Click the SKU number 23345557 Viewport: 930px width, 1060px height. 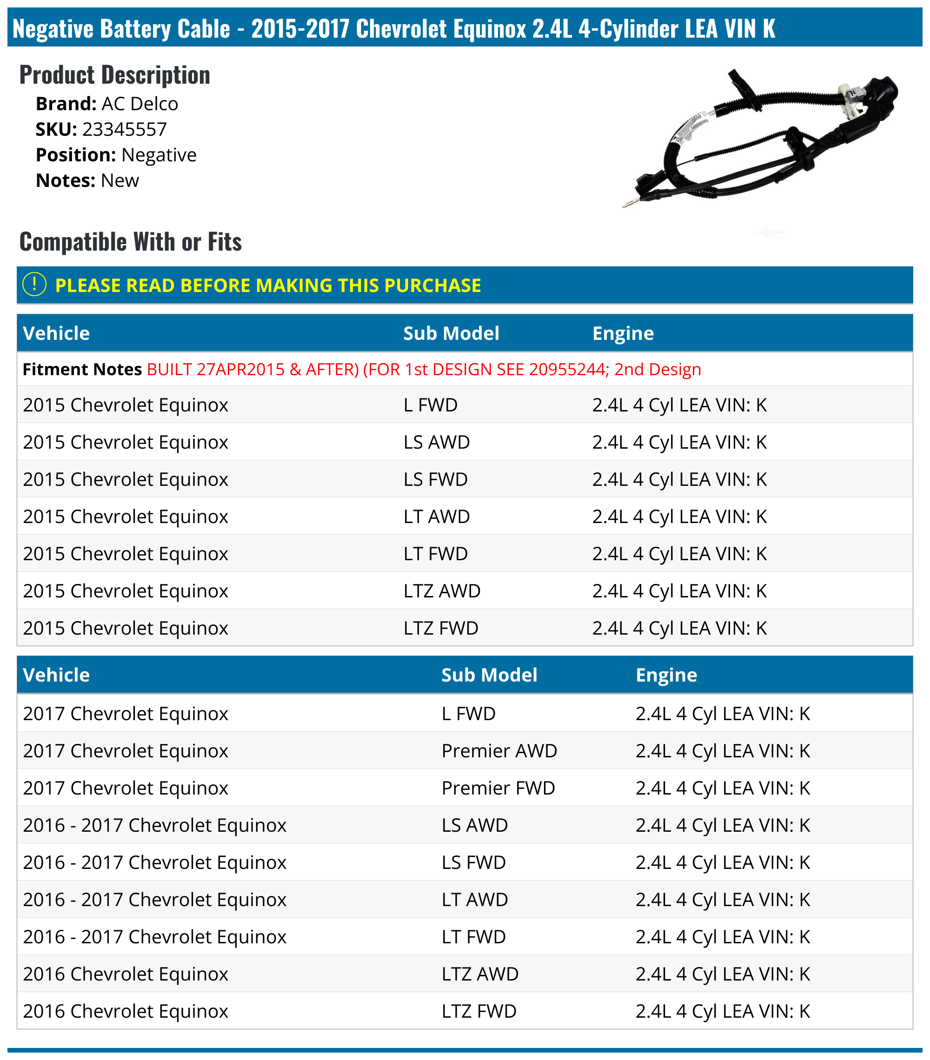125,129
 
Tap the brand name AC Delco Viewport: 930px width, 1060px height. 139,104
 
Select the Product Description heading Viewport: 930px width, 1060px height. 115,75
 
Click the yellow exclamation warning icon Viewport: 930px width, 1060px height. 34,284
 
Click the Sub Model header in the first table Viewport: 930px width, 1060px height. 451,333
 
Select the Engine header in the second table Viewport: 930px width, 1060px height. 666,675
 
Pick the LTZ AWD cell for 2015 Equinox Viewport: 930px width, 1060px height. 442,591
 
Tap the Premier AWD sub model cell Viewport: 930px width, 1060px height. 499,750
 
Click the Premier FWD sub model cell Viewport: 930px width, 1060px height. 498,788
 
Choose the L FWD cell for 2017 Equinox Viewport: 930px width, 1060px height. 468,714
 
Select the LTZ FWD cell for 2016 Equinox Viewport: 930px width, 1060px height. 479,1011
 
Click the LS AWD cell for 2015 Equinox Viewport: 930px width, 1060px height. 437,442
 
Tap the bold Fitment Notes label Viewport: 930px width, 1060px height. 82,369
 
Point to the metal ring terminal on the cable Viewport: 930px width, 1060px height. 630,203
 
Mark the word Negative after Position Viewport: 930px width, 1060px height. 159,154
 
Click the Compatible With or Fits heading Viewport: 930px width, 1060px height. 130,242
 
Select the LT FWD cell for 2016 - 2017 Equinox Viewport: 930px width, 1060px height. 473,937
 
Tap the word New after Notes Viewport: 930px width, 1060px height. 120,180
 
